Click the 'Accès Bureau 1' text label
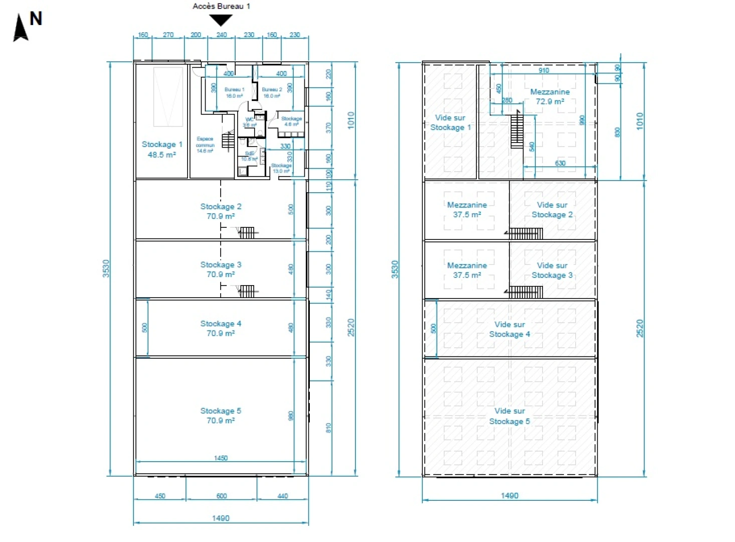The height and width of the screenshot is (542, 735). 221,6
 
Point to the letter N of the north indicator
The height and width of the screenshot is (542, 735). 36,19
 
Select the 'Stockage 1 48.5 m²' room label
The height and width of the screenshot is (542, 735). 161,150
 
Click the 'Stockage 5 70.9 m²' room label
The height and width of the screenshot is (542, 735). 221,416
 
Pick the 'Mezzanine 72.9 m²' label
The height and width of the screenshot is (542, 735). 549,96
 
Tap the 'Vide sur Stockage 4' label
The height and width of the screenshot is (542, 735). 509,329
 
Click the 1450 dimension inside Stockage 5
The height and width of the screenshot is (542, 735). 221,458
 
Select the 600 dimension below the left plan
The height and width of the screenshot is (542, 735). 221,496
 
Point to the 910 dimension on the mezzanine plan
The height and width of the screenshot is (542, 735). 543,70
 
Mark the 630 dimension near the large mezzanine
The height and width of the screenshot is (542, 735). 560,163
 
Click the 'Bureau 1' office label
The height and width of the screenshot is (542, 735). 234,92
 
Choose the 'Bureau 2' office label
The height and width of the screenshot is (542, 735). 272,92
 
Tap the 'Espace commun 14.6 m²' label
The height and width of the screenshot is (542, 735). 205,145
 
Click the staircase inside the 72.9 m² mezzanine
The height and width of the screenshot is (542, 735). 517,130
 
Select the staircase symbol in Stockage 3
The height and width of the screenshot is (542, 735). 246,291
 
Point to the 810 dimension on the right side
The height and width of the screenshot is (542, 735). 328,428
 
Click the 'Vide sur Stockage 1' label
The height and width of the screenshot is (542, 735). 450,122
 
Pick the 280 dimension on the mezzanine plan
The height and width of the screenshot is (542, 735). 507,100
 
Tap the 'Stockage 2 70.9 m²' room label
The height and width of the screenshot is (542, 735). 221,211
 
